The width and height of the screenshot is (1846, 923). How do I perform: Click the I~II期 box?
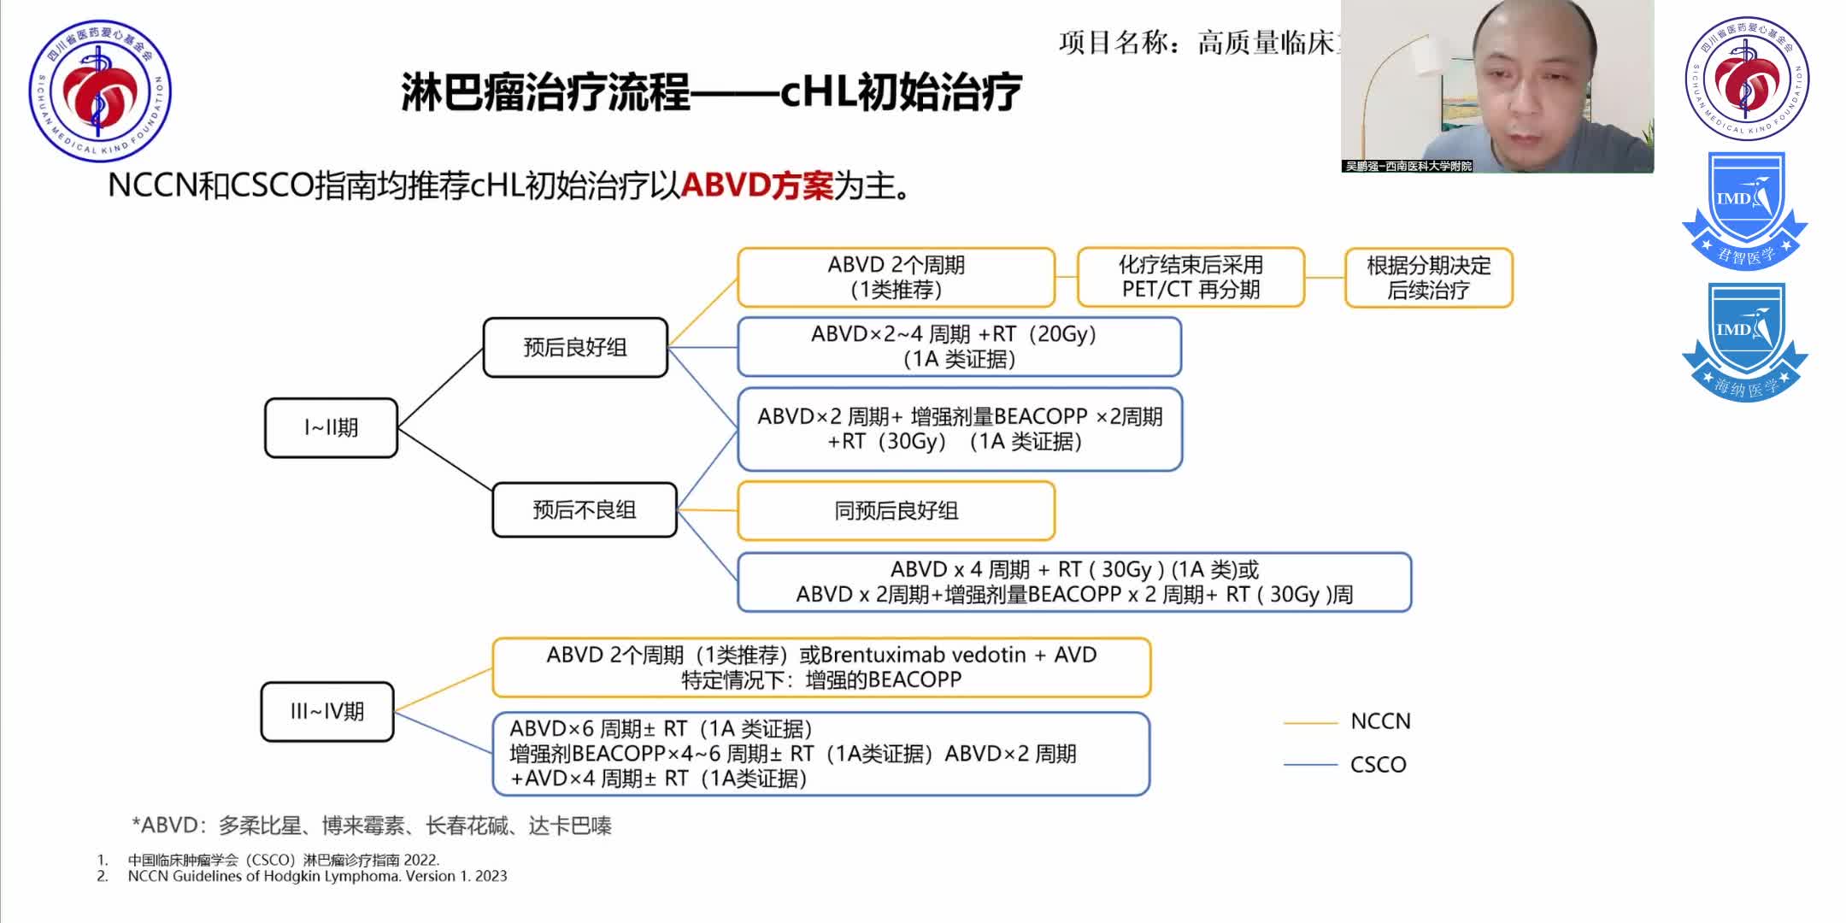[x=331, y=427]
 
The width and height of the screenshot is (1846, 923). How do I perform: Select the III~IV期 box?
[x=326, y=711]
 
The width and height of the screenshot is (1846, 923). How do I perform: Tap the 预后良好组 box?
[x=574, y=347]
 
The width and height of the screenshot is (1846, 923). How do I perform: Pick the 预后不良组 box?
[x=584, y=510]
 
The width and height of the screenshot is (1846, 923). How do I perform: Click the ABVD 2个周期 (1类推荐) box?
[x=896, y=277]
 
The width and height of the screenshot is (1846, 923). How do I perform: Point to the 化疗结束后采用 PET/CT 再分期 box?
[x=1190, y=277]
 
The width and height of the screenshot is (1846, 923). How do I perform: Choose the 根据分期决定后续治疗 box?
[x=1428, y=278]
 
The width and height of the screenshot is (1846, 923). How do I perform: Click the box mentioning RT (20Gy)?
[x=959, y=346]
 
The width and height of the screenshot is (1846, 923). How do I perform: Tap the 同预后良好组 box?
[x=896, y=511]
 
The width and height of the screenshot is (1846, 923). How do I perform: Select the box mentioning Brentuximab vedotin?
[x=821, y=667]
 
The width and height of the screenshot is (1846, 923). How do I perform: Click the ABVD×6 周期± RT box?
[x=820, y=754]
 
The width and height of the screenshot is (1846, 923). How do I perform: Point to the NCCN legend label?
[x=1380, y=721]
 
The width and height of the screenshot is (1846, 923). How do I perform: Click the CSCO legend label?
[x=1378, y=764]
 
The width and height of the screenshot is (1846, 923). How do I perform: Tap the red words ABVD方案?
[x=756, y=185]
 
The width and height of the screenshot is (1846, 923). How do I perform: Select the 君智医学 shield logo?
[x=1744, y=210]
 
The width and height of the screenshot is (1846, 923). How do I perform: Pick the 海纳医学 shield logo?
[x=1744, y=342]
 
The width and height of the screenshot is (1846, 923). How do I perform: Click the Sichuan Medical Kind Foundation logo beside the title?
[x=100, y=90]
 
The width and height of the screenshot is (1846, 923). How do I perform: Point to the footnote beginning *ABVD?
[x=372, y=826]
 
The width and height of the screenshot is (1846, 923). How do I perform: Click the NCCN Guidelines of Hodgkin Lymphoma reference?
[x=317, y=876]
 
